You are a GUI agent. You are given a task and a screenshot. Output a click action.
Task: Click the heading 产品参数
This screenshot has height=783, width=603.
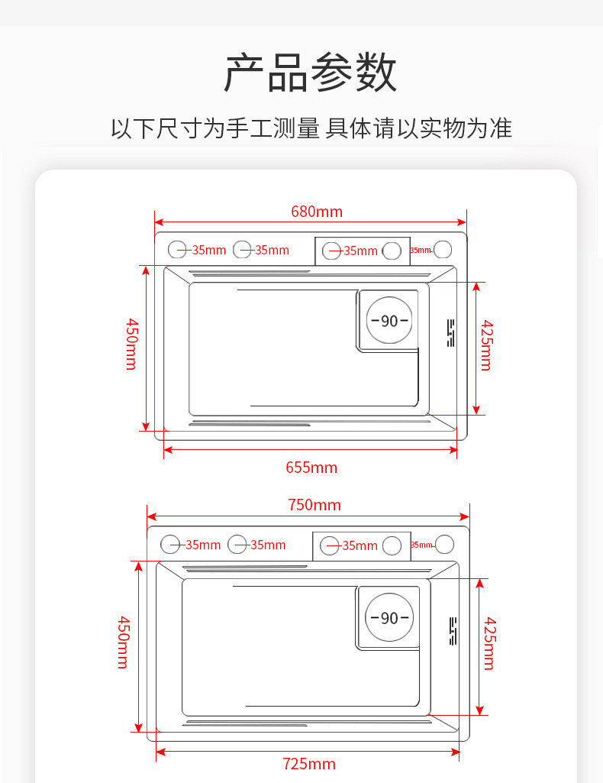point(310,73)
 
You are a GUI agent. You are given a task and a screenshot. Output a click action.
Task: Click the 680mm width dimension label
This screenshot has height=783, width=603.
point(316,211)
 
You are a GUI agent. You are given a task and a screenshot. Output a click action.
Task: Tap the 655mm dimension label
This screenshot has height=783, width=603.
point(311,467)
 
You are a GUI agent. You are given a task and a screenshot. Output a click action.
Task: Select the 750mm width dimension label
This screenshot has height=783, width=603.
point(314,505)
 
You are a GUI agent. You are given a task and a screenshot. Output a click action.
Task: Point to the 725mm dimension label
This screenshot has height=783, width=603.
point(309,764)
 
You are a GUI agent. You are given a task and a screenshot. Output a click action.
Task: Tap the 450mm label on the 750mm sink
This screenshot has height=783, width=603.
point(124,642)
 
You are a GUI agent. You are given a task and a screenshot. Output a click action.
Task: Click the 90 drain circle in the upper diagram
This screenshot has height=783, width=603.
point(389,321)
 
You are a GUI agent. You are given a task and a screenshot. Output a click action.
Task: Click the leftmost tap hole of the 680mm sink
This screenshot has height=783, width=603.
point(177,249)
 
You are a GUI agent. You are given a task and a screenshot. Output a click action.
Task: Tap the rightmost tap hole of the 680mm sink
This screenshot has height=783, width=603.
point(443,249)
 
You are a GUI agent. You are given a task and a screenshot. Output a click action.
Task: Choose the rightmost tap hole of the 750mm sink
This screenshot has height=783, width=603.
point(444,545)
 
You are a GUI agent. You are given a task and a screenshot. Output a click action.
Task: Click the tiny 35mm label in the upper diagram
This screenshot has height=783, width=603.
point(421,250)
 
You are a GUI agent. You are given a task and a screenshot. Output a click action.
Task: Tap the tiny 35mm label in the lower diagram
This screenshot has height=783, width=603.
point(421,545)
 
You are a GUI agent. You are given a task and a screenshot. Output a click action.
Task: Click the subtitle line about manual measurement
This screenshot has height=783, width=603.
point(311,128)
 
